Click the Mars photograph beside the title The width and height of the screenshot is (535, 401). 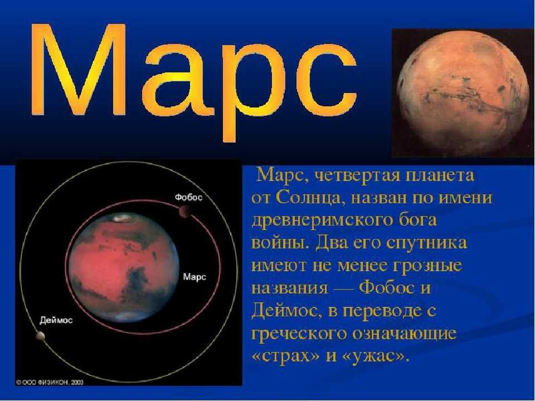click(464, 93)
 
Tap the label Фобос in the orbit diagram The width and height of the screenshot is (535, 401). click(189, 197)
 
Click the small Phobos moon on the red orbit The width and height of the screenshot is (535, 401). click(184, 212)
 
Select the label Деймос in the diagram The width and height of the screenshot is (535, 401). click(56, 320)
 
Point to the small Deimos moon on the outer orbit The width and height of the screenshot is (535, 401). click(40, 336)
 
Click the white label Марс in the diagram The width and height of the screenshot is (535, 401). click(195, 277)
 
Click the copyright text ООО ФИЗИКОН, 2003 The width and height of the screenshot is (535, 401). click(50, 382)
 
